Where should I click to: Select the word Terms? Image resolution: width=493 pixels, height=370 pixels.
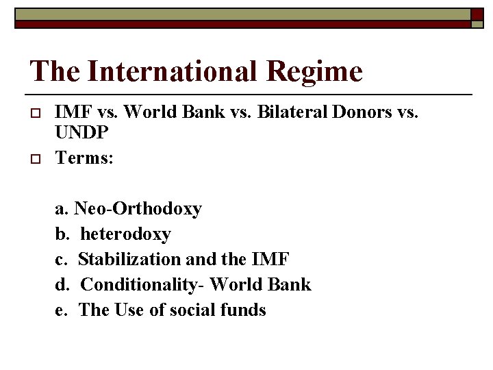(84, 158)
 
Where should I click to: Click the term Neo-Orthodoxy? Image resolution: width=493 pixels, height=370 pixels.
(138, 208)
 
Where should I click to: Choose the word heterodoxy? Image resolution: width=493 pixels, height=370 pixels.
(125, 234)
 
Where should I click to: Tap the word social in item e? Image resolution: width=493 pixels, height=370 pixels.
(193, 310)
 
